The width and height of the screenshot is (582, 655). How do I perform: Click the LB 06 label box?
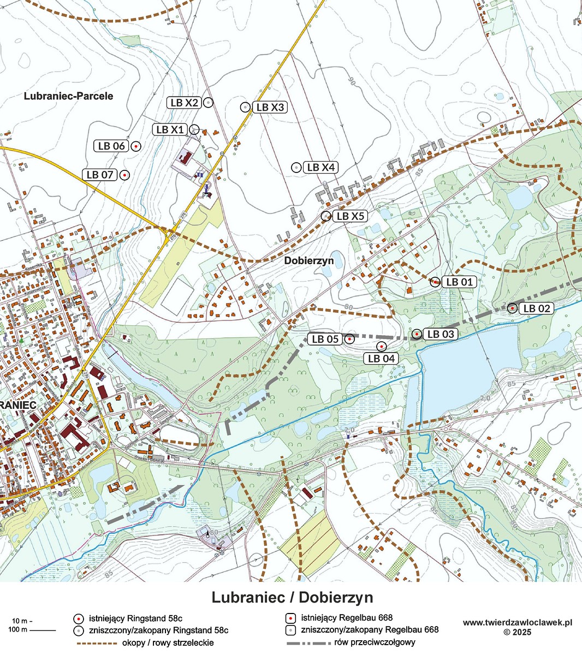point(111,146)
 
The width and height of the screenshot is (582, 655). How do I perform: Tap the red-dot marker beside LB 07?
point(124,175)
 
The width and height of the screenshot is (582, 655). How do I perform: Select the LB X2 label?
point(184,102)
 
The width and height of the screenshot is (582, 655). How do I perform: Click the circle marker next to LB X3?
point(245,107)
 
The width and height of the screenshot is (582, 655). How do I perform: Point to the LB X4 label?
point(321,168)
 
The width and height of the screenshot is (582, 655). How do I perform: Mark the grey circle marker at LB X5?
point(325,216)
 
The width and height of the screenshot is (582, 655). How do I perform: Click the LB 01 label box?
point(459,282)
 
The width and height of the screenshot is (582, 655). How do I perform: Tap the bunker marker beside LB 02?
point(512,308)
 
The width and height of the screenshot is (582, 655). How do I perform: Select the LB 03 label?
point(440,334)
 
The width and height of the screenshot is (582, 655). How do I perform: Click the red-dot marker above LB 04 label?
point(382,346)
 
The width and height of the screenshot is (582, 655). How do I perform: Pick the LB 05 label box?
point(325,339)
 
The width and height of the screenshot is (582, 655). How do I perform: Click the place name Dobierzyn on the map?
point(308,261)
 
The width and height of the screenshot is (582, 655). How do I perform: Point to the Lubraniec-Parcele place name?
point(68,96)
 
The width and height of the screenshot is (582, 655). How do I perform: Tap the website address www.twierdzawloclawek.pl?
point(517,622)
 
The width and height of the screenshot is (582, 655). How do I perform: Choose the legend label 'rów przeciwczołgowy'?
point(376,642)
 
